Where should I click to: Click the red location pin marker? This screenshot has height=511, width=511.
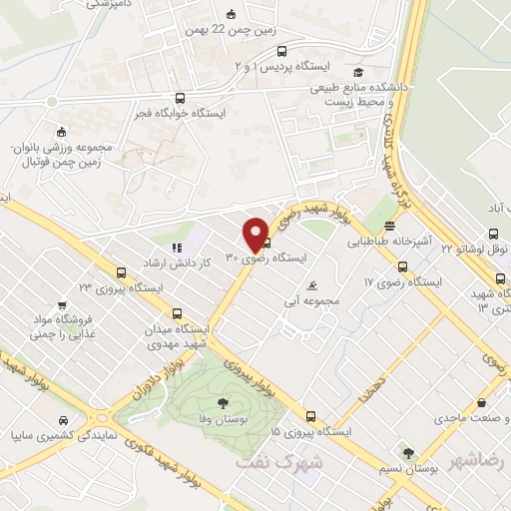255,234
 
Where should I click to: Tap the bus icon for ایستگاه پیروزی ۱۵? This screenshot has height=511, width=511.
310,417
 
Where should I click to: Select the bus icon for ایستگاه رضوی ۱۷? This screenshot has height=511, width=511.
403,267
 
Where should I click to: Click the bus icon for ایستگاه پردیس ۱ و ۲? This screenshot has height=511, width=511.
281,51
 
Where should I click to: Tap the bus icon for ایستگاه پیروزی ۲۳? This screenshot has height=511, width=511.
121,272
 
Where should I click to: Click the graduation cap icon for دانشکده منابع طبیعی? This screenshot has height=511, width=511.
357,73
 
